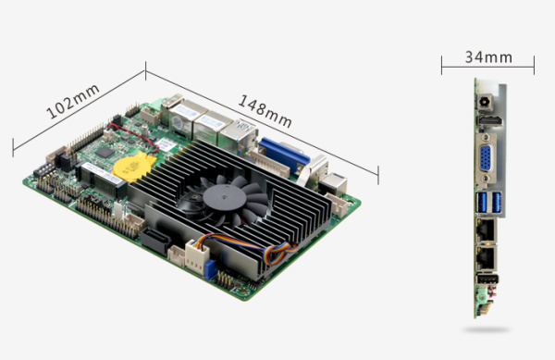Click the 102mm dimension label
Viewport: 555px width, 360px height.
point(73,102)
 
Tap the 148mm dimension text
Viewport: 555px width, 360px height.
point(265,111)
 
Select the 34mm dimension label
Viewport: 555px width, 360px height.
point(488,57)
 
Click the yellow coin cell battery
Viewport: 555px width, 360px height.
point(134,166)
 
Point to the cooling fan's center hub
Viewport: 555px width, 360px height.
point(225,197)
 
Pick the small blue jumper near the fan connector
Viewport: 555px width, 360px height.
point(210,269)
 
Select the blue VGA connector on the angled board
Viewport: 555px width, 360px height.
point(284,155)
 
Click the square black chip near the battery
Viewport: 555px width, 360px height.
point(105,152)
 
